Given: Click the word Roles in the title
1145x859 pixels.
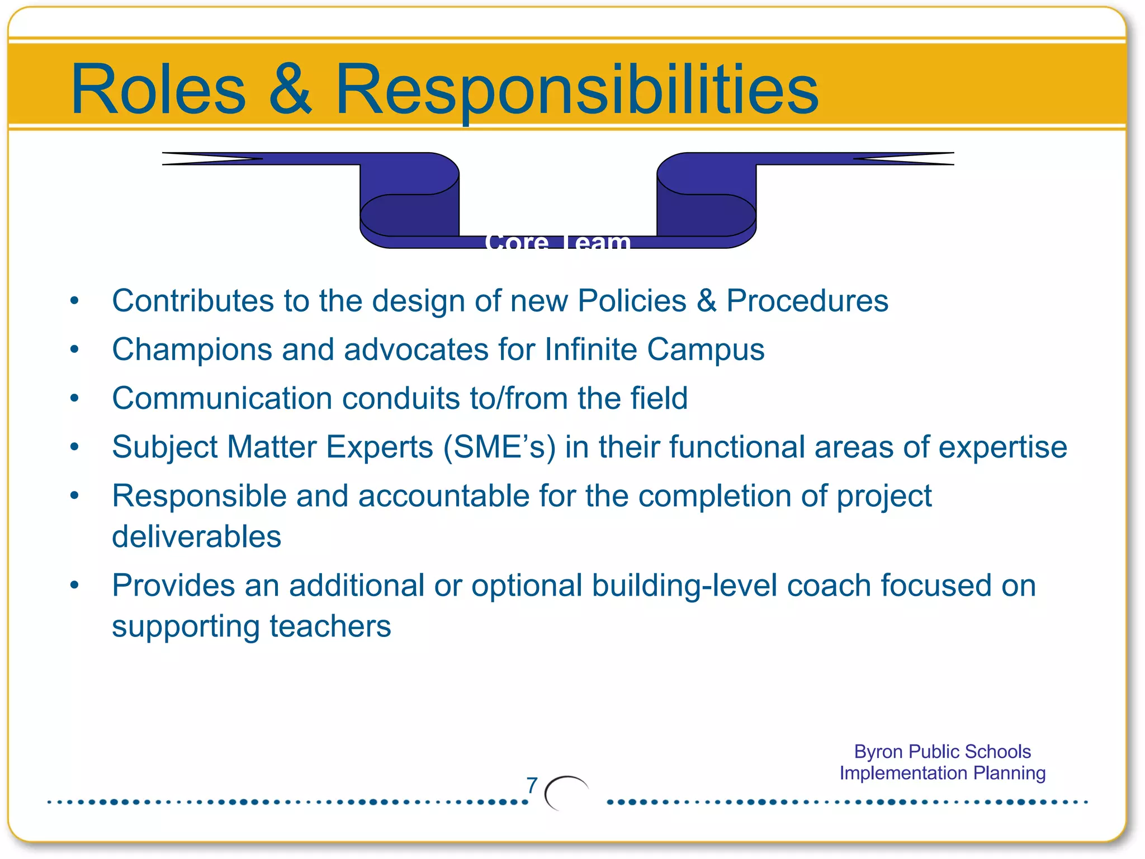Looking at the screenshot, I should tap(158, 89).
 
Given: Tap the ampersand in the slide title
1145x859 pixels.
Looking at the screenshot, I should tap(290, 89).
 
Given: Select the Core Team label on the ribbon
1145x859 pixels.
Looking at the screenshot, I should tap(558, 243).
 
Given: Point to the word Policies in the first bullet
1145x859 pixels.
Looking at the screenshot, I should tap(632, 301).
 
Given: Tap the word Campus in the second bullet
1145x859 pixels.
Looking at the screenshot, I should tap(706, 350).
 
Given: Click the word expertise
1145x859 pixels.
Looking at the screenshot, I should tap(1002, 447).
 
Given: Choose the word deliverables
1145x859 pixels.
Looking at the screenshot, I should tap(196, 537).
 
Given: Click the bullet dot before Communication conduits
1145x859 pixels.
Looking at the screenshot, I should tap(74, 398).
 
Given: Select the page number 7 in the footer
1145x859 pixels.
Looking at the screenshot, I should tap(532, 785).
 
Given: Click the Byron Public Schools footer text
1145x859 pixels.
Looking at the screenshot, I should tap(942, 752).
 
